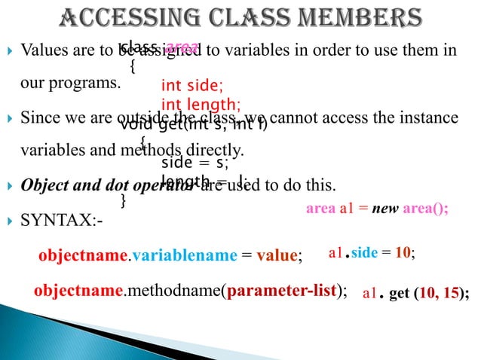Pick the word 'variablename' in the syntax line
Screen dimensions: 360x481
184,256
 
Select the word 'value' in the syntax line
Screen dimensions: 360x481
276,256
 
